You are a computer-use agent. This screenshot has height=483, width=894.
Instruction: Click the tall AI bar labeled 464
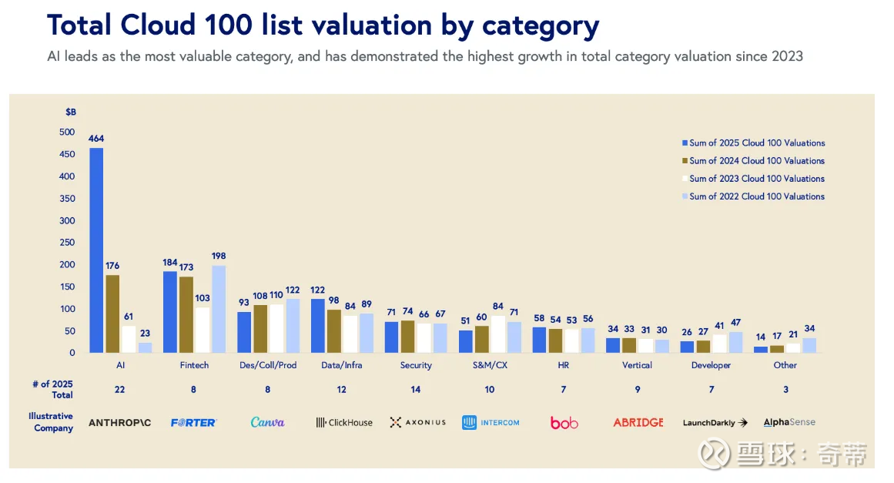[96, 250]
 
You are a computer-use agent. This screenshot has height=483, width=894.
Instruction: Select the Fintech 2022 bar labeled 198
[219, 309]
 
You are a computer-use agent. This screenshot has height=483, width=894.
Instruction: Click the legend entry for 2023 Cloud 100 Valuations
[752, 179]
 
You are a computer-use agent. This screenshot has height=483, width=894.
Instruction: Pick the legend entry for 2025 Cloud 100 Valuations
[752, 143]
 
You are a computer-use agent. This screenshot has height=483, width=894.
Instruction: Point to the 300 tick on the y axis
[67, 220]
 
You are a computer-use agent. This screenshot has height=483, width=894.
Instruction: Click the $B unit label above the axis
[71, 112]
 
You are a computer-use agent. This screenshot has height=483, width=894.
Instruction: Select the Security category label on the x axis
[416, 365]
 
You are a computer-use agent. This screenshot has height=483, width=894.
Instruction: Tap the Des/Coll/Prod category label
[267, 365]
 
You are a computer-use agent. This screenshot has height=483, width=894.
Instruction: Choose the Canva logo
[267, 422]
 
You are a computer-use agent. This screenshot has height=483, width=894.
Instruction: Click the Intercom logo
[491, 422]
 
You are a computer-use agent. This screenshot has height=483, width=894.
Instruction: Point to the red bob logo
[564, 422]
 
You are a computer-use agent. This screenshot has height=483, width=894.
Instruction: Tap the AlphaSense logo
[789, 422]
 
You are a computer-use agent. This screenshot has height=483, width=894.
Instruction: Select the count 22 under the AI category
[119, 390]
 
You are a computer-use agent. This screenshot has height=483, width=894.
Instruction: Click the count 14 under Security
[416, 390]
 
